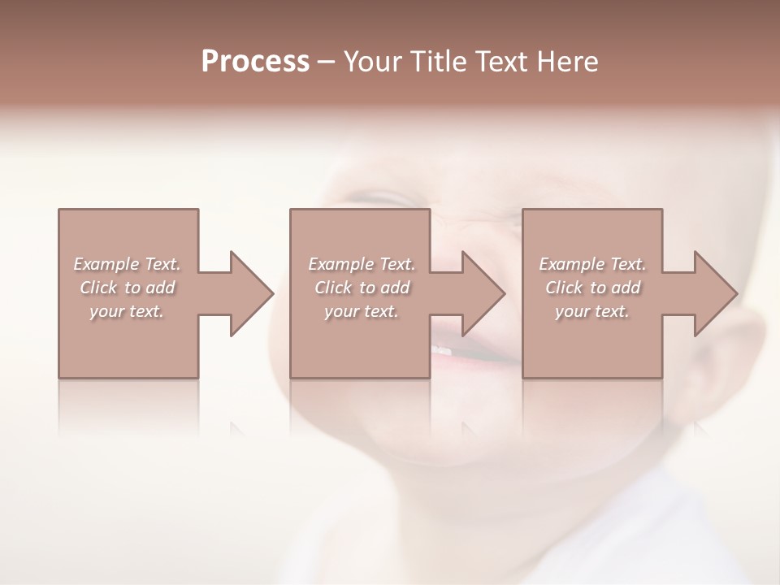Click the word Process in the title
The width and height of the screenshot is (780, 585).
point(255,62)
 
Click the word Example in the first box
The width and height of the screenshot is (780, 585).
point(106,264)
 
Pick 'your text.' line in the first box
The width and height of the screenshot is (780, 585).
point(126,311)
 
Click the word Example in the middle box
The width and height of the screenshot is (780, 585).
point(340,264)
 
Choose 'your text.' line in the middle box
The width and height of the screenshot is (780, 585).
point(361,311)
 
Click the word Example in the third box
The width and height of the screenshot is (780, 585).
point(571,264)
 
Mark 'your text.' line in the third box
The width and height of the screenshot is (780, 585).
point(591,311)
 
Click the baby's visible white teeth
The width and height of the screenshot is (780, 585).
point(441,349)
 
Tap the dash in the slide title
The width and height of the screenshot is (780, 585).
point(326,63)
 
